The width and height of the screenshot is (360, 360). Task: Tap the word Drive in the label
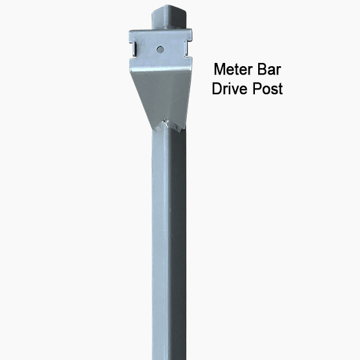coord(231,89)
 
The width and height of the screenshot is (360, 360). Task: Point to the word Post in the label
coord(268,89)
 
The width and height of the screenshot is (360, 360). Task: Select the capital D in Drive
coord(217,89)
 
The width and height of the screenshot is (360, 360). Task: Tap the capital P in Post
coord(259,89)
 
